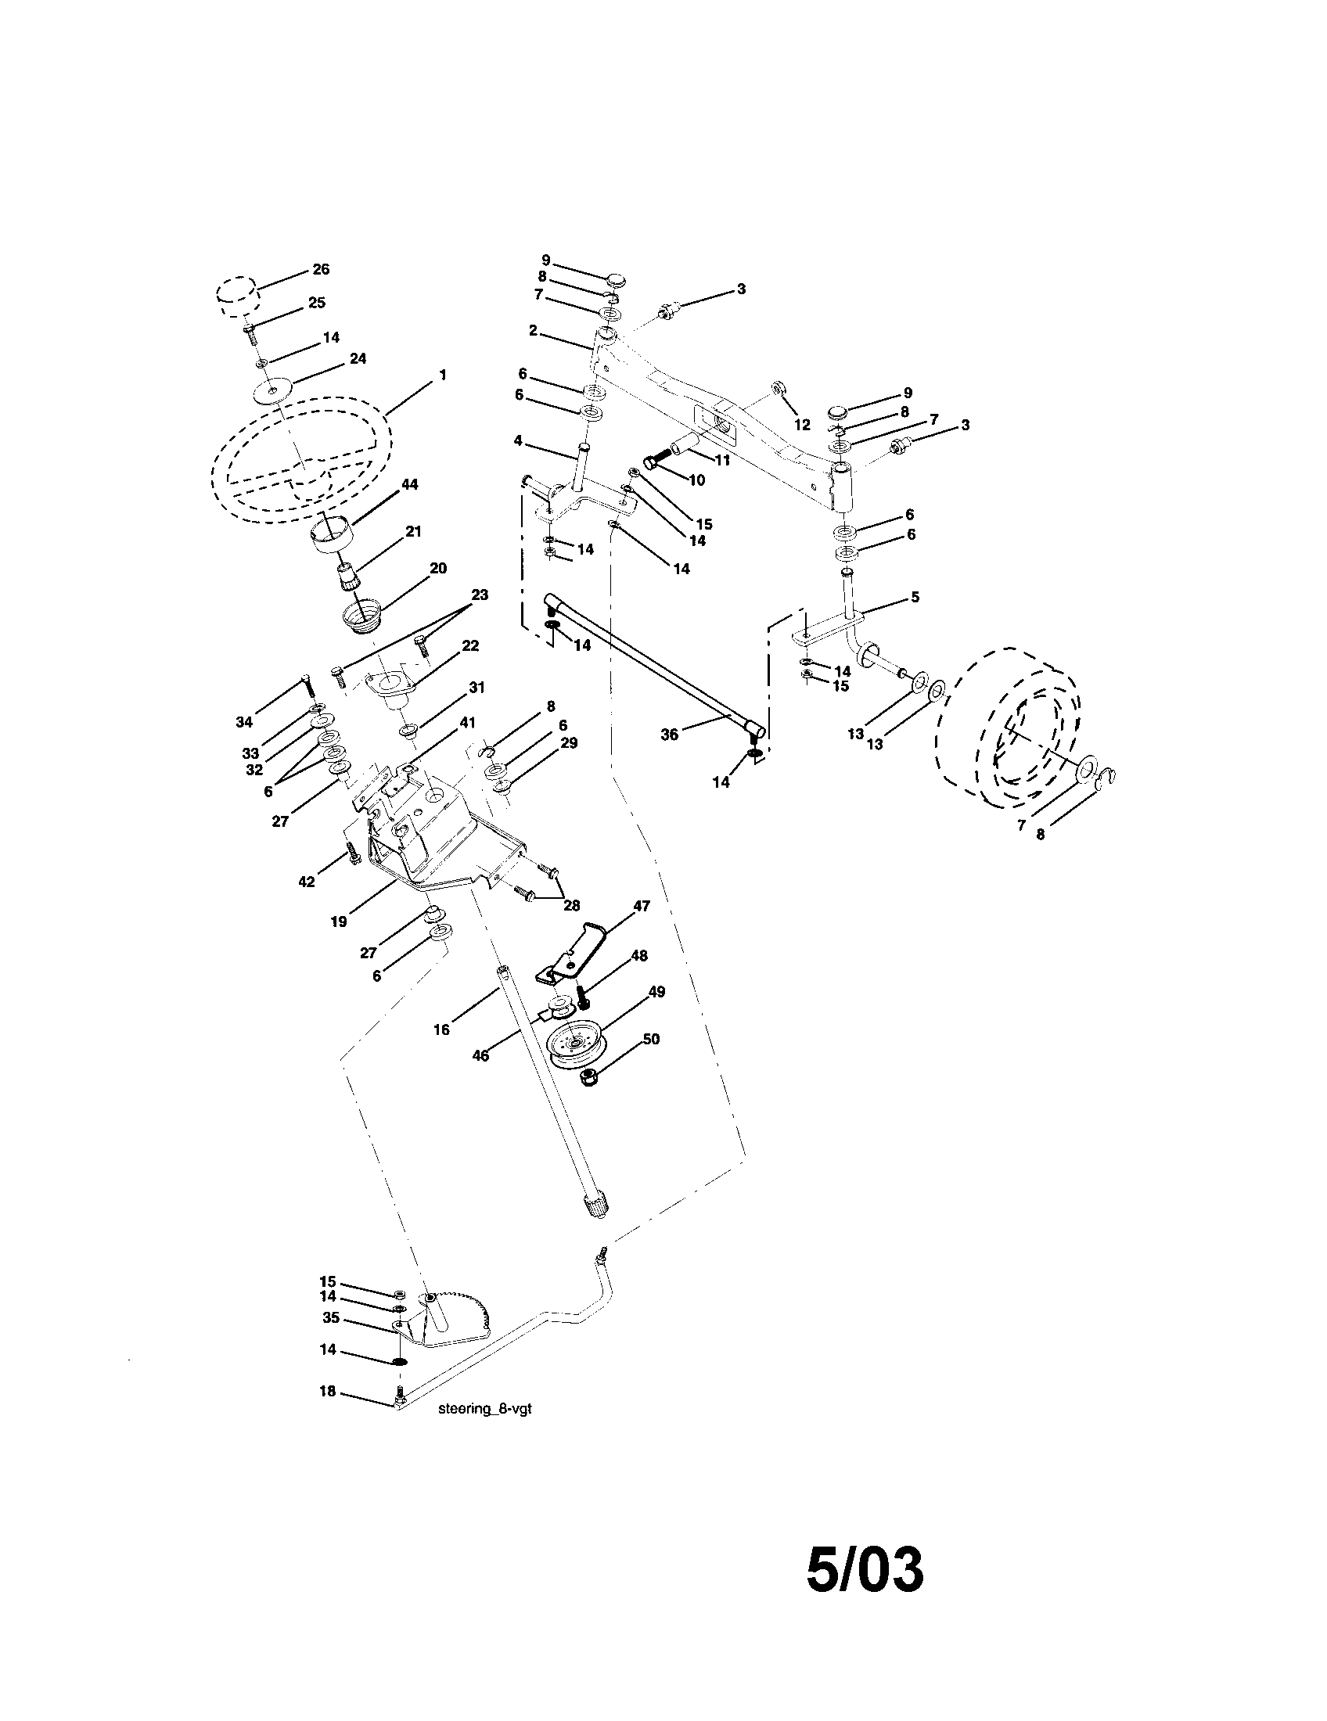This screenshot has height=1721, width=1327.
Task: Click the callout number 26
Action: tap(320, 268)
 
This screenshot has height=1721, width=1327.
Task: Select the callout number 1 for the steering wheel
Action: tap(443, 375)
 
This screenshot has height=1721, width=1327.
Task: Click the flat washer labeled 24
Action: tap(272, 391)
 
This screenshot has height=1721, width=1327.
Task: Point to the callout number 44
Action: tap(409, 485)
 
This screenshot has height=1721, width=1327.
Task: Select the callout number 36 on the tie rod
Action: tap(669, 735)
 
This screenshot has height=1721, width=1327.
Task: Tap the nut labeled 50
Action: tap(588, 1077)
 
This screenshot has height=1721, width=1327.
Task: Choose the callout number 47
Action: tap(642, 906)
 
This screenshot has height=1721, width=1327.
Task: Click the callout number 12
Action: tap(802, 425)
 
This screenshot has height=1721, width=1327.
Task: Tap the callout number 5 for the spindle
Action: tap(914, 598)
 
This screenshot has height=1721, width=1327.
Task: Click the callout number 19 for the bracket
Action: tap(338, 922)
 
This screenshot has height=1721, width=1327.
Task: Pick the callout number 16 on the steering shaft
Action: tap(441, 1029)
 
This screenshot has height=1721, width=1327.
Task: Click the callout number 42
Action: tap(306, 882)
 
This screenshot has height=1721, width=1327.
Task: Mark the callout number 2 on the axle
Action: tap(534, 331)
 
